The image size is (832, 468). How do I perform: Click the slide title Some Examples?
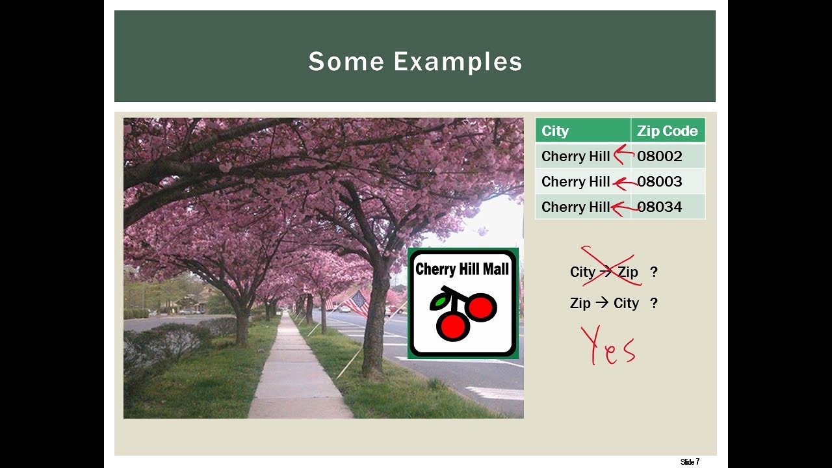tap(415, 62)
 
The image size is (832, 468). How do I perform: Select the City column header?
tap(555, 131)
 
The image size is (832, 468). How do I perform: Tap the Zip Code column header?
tap(667, 131)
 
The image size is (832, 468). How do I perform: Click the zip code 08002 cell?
tap(659, 156)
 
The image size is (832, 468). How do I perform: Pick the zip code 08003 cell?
tap(659, 181)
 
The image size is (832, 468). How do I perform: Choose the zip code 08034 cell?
tap(659, 207)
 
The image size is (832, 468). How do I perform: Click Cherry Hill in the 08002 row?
tap(575, 156)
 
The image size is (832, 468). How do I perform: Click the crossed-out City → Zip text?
tap(604, 272)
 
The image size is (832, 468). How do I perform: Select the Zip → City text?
tap(604, 303)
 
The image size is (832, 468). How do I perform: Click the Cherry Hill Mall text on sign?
tap(462, 268)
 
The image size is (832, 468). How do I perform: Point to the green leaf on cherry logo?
tap(440, 302)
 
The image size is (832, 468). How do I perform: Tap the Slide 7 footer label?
tap(690, 462)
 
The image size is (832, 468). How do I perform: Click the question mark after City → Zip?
tap(654, 272)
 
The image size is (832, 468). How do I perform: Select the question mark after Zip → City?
tap(654, 303)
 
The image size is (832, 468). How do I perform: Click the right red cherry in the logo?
tap(482, 307)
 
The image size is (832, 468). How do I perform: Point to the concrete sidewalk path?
tap(296, 377)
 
